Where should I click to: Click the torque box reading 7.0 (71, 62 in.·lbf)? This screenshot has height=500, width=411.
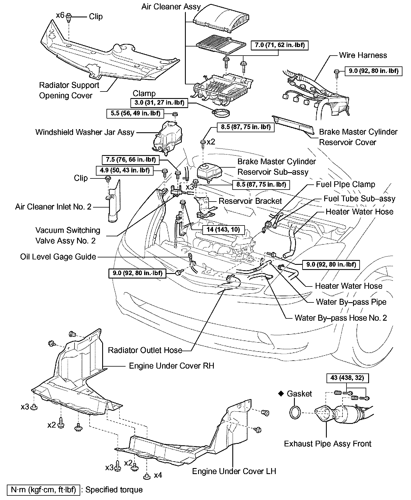[280, 45]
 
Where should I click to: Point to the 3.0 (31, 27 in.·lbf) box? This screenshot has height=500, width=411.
[159, 103]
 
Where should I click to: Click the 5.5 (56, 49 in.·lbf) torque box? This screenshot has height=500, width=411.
[135, 113]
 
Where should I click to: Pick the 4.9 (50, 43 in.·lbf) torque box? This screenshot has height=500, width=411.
[125, 170]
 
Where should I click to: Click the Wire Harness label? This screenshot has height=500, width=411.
[363, 55]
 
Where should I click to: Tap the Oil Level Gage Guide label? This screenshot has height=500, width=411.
[58, 257]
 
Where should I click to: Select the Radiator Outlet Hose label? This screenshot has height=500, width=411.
[145, 350]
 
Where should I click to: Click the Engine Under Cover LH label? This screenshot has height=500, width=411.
[234, 471]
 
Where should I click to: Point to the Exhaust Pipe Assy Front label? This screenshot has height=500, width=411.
[328, 444]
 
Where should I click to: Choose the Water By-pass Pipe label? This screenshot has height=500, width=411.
[351, 302]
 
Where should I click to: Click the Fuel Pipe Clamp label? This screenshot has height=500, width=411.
[345, 184]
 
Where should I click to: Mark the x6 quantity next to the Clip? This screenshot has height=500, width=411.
[60, 15]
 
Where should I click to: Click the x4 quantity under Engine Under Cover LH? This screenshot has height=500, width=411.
[158, 475]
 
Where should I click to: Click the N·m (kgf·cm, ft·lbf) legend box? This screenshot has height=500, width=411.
[43, 490]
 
